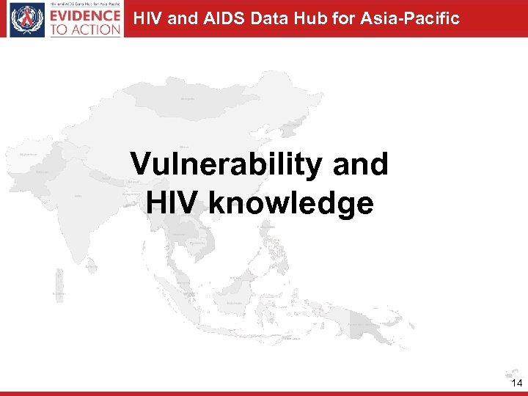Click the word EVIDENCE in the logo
click(x=86, y=15)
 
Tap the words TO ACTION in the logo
click(x=86, y=29)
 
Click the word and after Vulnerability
click(x=360, y=165)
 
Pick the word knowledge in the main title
click(x=291, y=203)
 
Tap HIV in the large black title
click(x=174, y=203)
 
